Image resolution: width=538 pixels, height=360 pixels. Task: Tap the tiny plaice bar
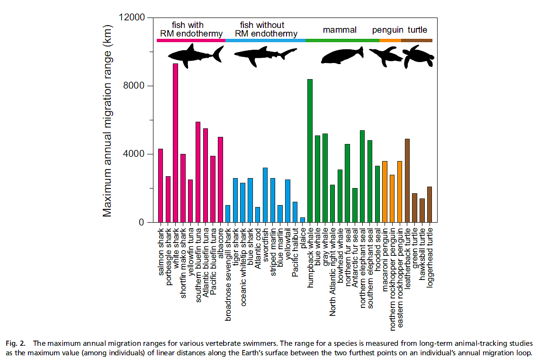[x=302, y=220]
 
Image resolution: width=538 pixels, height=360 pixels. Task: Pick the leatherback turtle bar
[x=407, y=180]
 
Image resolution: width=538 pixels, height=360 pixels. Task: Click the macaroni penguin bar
[x=385, y=192]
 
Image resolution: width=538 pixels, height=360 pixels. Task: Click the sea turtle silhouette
[x=418, y=56]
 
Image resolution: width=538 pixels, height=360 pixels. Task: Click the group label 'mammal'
[x=340, y=30]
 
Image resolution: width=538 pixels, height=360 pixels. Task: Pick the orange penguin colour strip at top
[x=390, y=40]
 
